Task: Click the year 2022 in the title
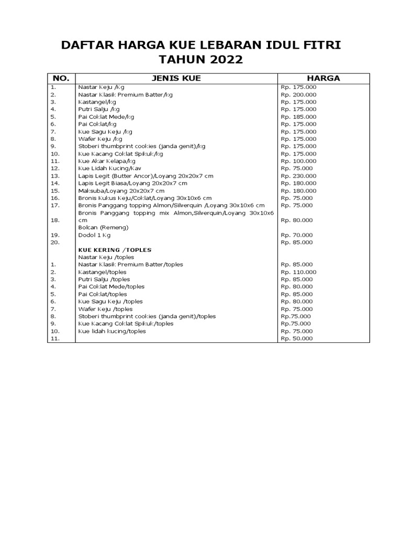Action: [222, 60]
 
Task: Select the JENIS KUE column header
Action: [176, 78]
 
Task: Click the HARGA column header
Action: [323, 78]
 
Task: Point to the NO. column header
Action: [62, 78]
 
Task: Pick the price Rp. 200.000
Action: [298, 95]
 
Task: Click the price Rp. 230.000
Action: [298, 176]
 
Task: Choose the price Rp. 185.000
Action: [298, 117]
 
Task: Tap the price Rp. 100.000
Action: [298, 161]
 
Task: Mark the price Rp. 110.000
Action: [298, 272]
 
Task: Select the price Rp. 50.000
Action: [297, 339]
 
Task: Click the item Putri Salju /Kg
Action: [97, 109]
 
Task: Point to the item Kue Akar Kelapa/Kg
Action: [104, 161]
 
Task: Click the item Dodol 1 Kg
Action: [94, 236]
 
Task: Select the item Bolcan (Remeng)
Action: [103, 228]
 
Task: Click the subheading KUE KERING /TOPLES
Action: [111, 250]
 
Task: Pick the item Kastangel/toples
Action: [102, 272]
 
